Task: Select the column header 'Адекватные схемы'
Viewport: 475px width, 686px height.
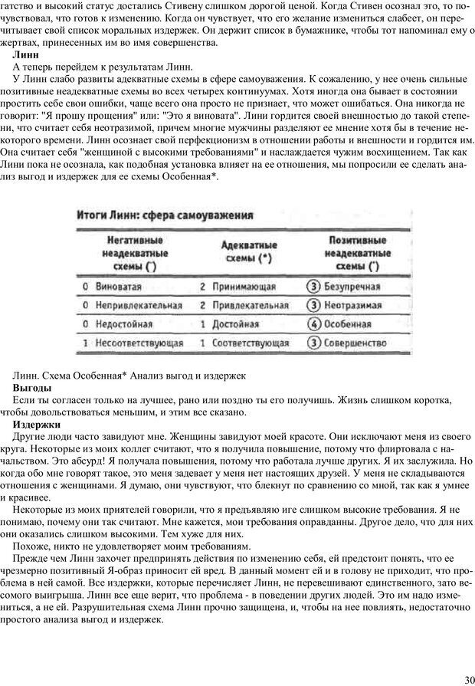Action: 249,252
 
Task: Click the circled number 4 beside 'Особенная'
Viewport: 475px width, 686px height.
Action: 313,324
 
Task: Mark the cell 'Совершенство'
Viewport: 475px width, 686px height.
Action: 354,344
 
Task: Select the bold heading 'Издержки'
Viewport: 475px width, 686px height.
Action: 37,424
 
